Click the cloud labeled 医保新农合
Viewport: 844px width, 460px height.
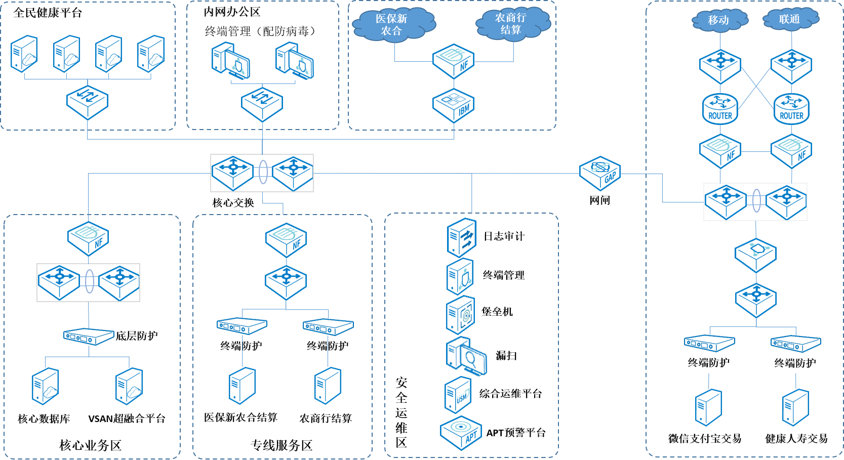tap(392, 25)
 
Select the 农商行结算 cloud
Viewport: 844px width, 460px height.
tap(512, 24)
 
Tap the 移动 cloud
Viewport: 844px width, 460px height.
tap(719, 20)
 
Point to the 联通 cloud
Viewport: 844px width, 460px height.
tap(790, 19)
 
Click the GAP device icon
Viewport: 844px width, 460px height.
tap(600, 173)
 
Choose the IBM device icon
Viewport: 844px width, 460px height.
tap(453, 106)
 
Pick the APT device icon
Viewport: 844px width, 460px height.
tap(461, 433)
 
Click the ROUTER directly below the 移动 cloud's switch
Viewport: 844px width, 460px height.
tap(720, 109)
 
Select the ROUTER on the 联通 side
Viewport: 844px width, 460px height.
tap(791, 109)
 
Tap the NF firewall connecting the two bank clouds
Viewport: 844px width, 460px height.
tap(453, 61)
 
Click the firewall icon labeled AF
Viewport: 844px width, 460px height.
tap(791, 151)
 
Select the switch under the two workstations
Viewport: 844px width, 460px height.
tap(262, 104)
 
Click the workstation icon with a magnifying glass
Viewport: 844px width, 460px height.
tap(466, 356)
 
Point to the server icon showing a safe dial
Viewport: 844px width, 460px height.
tap(460, 315)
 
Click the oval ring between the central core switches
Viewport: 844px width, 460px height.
tap(263, 172)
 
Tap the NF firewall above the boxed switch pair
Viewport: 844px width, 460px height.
tap(88, 238)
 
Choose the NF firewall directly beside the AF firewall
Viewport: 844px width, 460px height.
tap(720, 151)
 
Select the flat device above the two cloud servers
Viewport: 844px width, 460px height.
tap(89, 336)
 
